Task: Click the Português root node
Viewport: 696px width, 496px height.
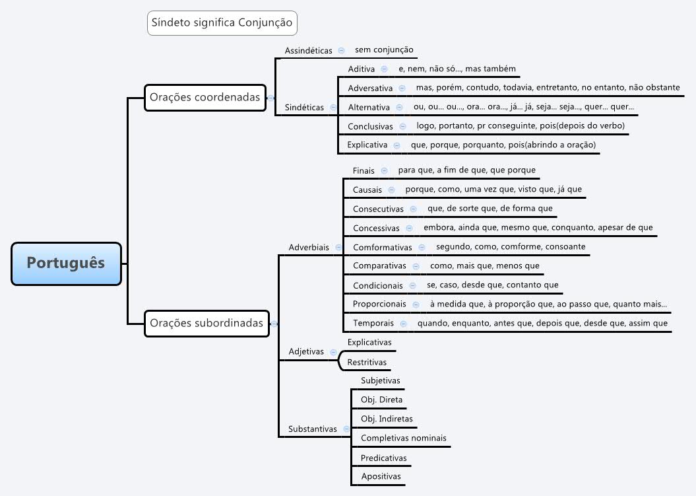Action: click(x=66, y=263)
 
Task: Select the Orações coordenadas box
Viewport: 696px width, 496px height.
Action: click(x=205, y=97)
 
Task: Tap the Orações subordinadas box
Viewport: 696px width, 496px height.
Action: click(x=206, y=323)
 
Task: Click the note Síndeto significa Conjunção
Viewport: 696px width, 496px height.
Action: click(x=222, y=22)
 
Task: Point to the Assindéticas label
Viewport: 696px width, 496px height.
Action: click(x=308, y=50)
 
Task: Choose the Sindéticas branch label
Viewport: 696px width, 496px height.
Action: click(x=304, y=107)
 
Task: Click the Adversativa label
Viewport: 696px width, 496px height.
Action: click(x=370, y=88)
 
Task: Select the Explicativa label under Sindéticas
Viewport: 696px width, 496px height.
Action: click(x=367, y=145)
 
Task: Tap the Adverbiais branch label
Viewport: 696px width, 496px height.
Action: click(x=309, y=247)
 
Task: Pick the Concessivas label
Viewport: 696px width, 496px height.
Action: click(x=376, y=228)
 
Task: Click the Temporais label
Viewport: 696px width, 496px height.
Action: click(x=373, y=323)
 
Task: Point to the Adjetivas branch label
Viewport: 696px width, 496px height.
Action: click(x=306, y=351)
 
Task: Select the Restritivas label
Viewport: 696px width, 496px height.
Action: click(x=367, y=362)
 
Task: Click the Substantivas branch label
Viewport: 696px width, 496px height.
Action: click(x=312, y=429)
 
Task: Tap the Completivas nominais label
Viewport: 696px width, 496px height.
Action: click(x=403, y=438)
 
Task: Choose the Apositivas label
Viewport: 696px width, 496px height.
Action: click(x=381, y=476)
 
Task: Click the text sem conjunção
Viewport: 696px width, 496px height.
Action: click(x=384, y=50)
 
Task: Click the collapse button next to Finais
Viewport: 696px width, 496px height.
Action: click(x=384, y=170)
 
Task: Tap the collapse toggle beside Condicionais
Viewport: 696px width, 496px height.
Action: click(x=412, y=285)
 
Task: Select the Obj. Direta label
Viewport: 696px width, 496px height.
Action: click(x=381, y=400)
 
